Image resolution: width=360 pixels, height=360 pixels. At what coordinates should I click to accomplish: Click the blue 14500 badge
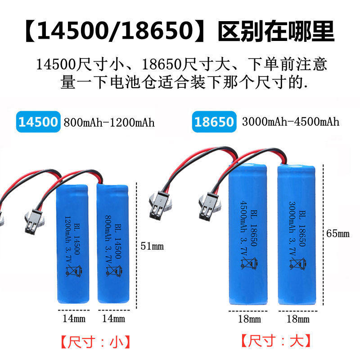[38, 122]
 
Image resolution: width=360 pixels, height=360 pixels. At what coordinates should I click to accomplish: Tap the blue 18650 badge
[215, 122]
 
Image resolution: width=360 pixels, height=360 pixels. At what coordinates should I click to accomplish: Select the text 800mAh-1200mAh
[109, 122]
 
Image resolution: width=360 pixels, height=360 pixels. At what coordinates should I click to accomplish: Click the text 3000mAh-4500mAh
[290, 122]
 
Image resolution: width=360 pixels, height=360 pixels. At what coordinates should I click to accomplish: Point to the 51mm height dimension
[152, 246]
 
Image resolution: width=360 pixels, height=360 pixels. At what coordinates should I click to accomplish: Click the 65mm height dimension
[337, 234]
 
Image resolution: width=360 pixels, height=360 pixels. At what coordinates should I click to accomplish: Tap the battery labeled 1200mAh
[75, 243]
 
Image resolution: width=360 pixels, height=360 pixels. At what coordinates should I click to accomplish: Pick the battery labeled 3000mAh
[295, 234]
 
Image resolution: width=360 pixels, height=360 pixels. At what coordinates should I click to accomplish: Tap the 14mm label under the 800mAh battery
[113, 319]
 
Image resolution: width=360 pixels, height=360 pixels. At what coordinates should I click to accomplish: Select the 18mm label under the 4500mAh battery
[249, 319]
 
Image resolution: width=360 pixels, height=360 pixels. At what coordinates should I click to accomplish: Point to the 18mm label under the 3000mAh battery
[297, 319]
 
